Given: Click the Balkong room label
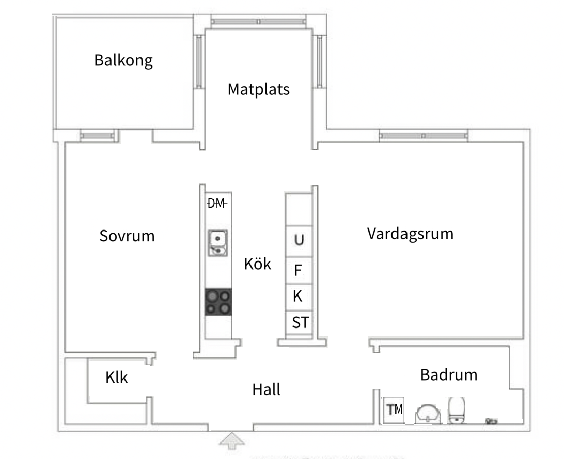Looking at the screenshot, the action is pos(123,61).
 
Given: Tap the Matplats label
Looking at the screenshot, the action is pos(259,89).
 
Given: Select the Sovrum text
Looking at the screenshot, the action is pos(127,236).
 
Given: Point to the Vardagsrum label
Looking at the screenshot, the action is pos(410,234).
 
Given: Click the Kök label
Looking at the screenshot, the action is pos(258,264).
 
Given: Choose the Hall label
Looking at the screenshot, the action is pos(266,389).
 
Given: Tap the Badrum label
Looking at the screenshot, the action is pos(449,374).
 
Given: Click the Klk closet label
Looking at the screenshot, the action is pos(117,378).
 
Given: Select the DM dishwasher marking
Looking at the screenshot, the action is pos(217,203).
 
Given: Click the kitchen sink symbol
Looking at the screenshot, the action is pos(218,243).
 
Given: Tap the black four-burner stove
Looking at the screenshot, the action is pos(218,302).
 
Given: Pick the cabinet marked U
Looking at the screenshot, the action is pos(299,241).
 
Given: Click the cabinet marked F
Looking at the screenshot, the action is pos(299,270).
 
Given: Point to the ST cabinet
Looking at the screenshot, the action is pos(299,322).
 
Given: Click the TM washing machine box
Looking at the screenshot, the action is pos(394,410).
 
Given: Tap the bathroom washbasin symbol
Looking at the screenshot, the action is pos(428,414).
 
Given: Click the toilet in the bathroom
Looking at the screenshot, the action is pos(457,410).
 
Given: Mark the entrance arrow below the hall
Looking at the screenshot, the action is pos(232,440).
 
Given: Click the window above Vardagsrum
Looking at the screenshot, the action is pos(424,136).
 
